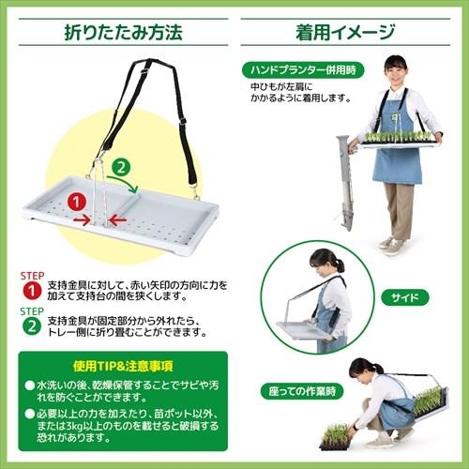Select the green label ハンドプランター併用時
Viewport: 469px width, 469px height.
point(302,69)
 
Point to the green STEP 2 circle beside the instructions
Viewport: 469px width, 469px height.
point(29,325)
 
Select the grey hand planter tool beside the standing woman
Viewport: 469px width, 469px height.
point(344,183)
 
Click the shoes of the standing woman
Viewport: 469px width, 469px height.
point(391,245)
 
